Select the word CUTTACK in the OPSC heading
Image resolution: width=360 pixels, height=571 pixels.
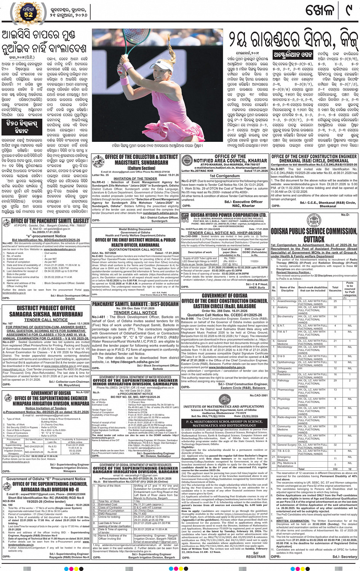(314, 239)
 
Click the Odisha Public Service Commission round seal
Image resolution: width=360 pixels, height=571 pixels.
(314, 221)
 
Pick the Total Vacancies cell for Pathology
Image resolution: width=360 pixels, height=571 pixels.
(335, 380)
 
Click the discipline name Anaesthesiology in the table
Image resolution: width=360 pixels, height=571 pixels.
(287, 301)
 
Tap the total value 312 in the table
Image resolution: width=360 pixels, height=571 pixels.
(335, 469)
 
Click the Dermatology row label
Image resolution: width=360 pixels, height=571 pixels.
(285, 435)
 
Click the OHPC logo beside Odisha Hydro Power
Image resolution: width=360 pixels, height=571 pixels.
(185, 217)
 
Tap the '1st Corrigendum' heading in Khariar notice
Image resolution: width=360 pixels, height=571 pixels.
(225, 176)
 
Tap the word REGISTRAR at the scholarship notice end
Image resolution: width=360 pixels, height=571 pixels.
(256, 556)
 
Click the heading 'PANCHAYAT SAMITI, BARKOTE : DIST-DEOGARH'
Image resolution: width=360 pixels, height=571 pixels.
(135, 304)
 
